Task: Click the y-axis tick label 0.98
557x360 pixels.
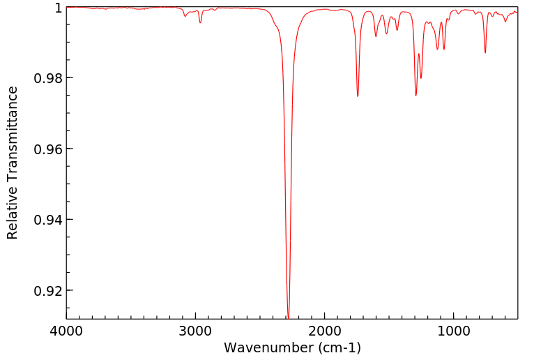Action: (x=48, y=78)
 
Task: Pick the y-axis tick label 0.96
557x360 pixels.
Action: (x=48, y=149)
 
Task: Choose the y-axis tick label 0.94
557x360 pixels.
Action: (x=48, y=220)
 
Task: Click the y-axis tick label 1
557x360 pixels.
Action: (x=59, y=8)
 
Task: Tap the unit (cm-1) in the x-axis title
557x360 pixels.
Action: (x=339, y=347)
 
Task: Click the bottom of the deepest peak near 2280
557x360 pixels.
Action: (x=289, y=316)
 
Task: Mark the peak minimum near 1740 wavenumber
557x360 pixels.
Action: (x=358, y=96)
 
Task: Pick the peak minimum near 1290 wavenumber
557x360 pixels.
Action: (x=416, y=96)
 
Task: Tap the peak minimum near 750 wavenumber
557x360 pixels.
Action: (x=485, y=52)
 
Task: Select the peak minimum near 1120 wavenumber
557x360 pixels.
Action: (x=438, y=50)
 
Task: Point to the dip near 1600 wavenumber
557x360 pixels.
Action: (x=376, y=36)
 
